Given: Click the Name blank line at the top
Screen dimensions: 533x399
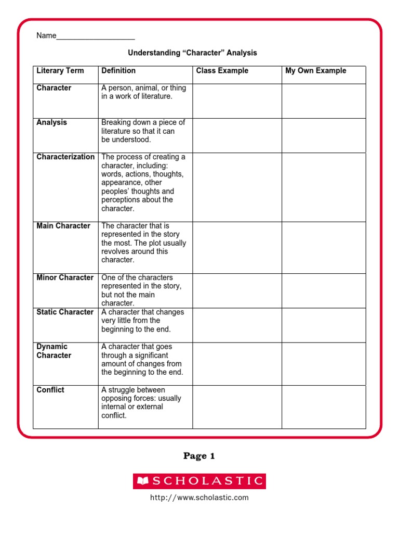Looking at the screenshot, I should click(96, 36).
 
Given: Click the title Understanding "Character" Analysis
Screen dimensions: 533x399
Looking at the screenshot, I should click(193, 53).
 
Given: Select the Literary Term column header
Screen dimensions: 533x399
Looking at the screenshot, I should click(60, 71).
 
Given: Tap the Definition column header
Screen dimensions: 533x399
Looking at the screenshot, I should click(118, 71).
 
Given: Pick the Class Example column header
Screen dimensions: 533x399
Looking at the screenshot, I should click(222, 71).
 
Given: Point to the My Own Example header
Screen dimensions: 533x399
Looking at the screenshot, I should click(315, 71).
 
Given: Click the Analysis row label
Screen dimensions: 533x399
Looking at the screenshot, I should click(52, 123).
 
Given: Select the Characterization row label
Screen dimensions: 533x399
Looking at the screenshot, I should click(65, 157).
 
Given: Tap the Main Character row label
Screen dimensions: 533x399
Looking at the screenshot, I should click(63, 226).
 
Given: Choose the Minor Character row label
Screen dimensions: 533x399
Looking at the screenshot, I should click(65, 278).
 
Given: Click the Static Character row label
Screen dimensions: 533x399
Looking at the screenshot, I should click(65, 312).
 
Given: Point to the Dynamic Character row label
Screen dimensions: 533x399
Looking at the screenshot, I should click(54, 351).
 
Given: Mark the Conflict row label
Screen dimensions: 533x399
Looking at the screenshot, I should click(50, 390).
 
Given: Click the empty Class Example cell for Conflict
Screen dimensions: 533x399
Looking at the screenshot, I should click(237, 407).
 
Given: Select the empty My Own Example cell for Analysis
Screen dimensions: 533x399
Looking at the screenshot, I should click(324, 135).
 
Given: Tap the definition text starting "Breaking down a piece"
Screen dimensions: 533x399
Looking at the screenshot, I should click(143, 131).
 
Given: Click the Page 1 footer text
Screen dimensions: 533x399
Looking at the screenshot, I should click(199, 456).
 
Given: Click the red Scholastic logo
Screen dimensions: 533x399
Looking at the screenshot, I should click(199, 481).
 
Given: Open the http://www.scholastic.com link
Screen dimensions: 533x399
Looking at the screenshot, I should click(199, 498).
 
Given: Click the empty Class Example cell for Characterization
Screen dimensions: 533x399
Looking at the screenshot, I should click(237, 187).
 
